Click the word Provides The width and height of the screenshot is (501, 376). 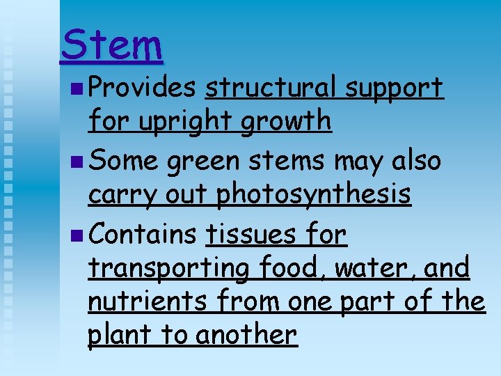click(143, 88)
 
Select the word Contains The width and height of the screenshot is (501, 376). click(143, 235)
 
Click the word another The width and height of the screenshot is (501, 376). click(247, 335)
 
